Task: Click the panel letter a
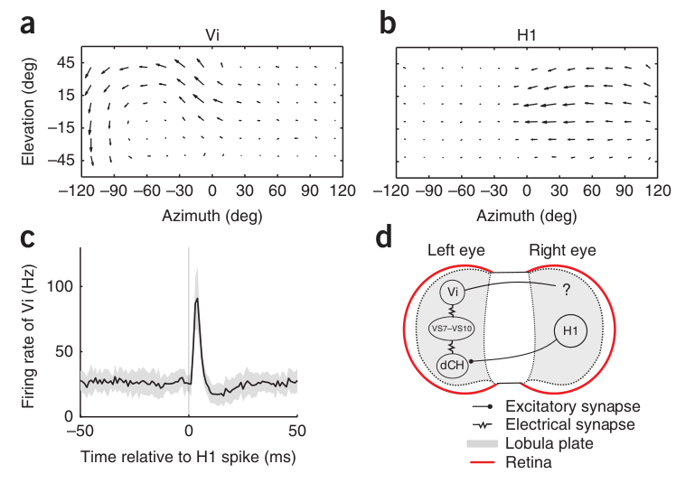pos(29,24)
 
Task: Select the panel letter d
pos(384,238)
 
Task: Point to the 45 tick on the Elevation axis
pos(64,64)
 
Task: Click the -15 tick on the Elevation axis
pos(61,129)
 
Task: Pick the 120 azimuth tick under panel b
pos(657,191)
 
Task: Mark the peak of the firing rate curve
pos(197,298)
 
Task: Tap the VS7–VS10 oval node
pos(454,329)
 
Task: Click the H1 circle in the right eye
pos(571,332)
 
